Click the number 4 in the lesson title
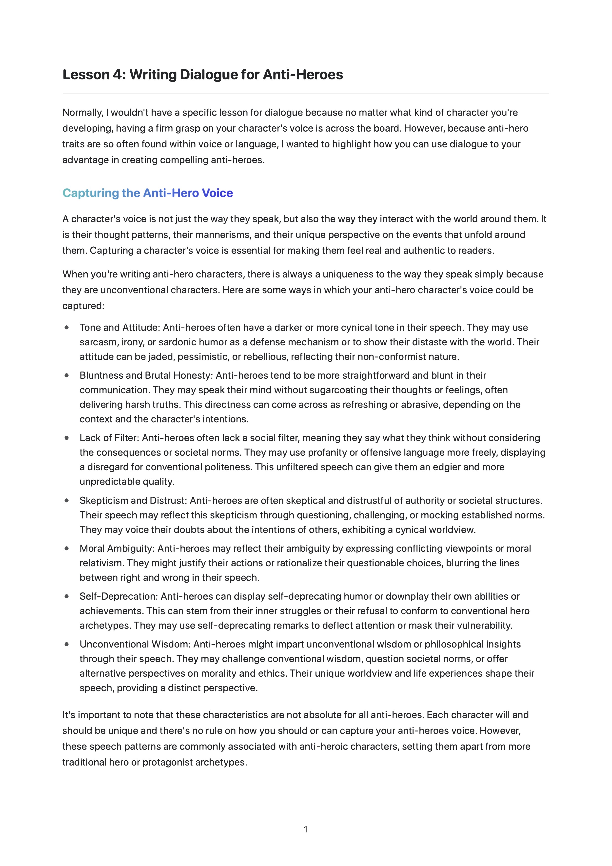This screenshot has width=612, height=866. [118, 75]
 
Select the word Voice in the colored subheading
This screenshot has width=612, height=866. [217, 193]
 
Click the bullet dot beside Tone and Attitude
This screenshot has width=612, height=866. [67, 327]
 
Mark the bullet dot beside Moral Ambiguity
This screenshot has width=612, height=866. [67, 549]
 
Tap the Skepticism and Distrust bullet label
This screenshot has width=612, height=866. [133, 500]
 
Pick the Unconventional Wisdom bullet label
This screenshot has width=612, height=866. [135, 644]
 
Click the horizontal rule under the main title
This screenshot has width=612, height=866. [305, 93]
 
